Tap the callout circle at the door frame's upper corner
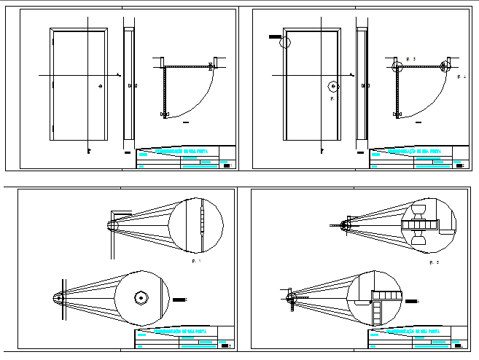click(285, 42)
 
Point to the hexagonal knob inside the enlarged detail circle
click(139, 298)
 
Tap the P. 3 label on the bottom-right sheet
click(435, 261)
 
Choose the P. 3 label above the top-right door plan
click(410, 58)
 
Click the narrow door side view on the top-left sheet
click(129, 84)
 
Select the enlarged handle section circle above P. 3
click(429, 224)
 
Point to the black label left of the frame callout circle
click(274, 36)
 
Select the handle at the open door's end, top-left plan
click(163, 114)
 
